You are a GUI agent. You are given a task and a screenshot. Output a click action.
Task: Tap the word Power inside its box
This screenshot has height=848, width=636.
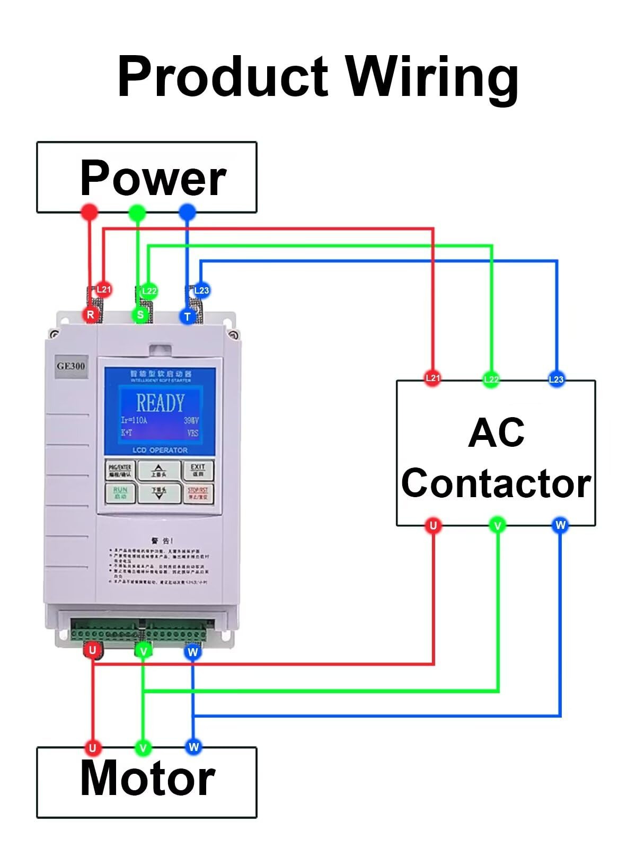(x=153, y=178)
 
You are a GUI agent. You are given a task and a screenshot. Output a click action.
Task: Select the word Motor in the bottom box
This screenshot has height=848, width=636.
(x=147, y=778)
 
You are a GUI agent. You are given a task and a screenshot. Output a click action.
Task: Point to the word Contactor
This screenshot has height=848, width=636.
(x=496, y=483)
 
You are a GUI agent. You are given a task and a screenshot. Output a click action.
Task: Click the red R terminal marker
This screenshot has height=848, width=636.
(x=91, y=315)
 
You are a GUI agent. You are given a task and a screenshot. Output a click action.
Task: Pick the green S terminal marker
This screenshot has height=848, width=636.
(x=140, y=315)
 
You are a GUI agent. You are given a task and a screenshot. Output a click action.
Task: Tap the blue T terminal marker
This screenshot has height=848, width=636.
(x=187, y=317)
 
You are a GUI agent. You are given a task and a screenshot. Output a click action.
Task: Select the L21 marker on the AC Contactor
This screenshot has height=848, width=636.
(x=433, y=378)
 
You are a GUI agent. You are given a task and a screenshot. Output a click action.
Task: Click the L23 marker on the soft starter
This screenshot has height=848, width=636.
(x=201, y=290)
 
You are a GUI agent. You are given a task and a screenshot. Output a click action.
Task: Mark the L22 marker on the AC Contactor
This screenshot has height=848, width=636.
(x=491, y=379)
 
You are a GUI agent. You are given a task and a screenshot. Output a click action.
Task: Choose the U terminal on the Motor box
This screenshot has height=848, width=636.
(x=93, y=748)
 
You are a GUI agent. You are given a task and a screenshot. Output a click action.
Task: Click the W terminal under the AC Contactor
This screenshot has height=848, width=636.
(x=560, y=525)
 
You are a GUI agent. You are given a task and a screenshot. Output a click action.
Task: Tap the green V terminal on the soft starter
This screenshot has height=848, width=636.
(x=143, y=651)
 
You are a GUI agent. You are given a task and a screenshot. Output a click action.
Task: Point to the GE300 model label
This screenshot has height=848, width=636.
(x=71, y=366)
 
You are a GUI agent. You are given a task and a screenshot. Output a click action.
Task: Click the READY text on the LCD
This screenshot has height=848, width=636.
(x=160, y=403)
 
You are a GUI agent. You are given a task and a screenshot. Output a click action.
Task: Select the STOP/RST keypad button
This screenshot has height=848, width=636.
(x=198, y=493)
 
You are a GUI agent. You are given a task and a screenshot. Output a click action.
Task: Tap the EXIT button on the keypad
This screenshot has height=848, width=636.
(x=198, y=470)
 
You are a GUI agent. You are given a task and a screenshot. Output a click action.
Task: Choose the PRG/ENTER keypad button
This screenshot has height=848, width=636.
(x=120, y=470)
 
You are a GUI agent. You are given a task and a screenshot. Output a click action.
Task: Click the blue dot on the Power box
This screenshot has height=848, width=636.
(x=187, y=213)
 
